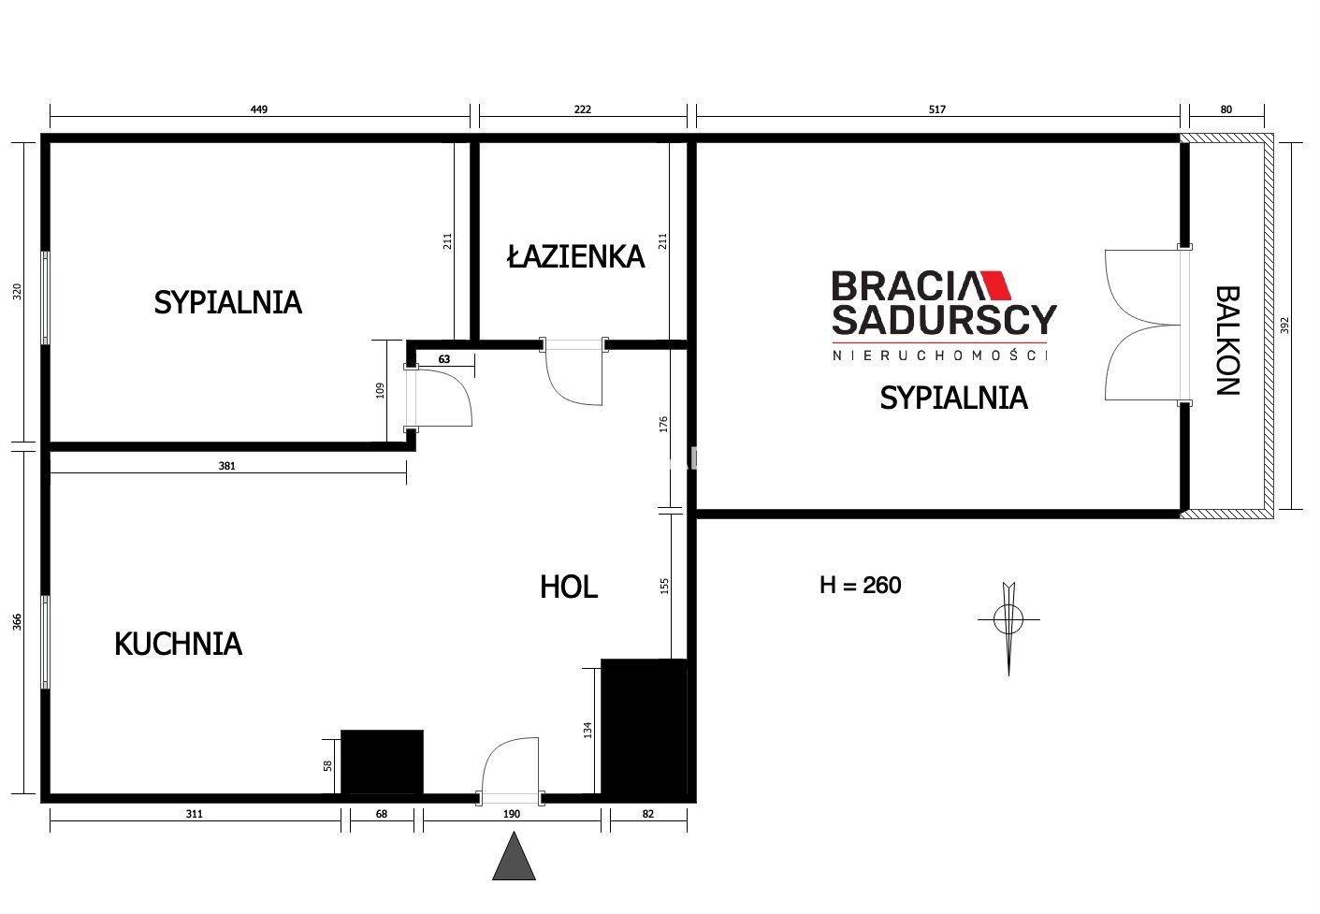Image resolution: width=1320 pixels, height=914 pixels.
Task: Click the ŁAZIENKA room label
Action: (x=575, y=257)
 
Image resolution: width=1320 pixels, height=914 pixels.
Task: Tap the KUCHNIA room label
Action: (x=178, y=644)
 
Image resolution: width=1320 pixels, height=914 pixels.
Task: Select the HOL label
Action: (x=569, y=587)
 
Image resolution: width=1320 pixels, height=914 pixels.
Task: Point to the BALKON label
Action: (x=1228, y=341)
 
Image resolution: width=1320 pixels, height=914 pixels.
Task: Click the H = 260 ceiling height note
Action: (x=861, y=586)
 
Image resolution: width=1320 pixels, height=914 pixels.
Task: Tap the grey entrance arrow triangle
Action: (x=514, y=856)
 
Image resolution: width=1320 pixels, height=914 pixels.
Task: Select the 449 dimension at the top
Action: (x=259, y=109)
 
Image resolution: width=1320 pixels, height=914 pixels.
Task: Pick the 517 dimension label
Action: (x=937, y=109)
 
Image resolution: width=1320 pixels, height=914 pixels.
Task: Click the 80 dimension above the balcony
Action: (x=1226, y=109)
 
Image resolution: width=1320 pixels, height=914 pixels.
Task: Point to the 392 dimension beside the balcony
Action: (x=1285, y=326)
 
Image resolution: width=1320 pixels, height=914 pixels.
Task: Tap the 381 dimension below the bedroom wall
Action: (x=227, y=466)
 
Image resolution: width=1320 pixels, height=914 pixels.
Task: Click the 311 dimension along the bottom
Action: (x=194, y=814)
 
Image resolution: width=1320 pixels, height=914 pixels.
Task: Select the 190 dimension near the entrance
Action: (x=512, y=814)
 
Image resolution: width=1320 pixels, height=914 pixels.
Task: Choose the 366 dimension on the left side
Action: (x=17, y=622)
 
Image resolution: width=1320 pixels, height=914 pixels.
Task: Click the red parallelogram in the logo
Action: (x=995, y=286)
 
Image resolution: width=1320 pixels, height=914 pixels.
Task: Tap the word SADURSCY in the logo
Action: (x=944, y=320)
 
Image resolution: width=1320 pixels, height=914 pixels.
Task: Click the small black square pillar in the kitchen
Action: (x=382, y=762)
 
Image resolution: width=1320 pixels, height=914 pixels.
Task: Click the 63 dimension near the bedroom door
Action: (x=444, y=359)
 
